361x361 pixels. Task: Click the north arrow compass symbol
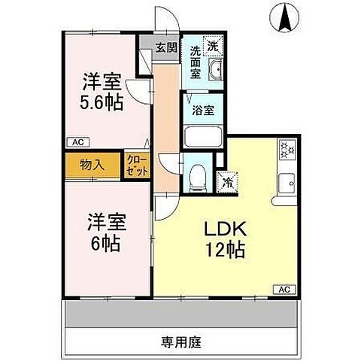[x=287, y=18]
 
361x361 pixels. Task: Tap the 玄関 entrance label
[x=165, y=47]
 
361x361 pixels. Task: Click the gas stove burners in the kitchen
[x=286, y=150]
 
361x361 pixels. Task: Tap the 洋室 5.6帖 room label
[x=103, y=92]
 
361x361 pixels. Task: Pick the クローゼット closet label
[x=138, y=165]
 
